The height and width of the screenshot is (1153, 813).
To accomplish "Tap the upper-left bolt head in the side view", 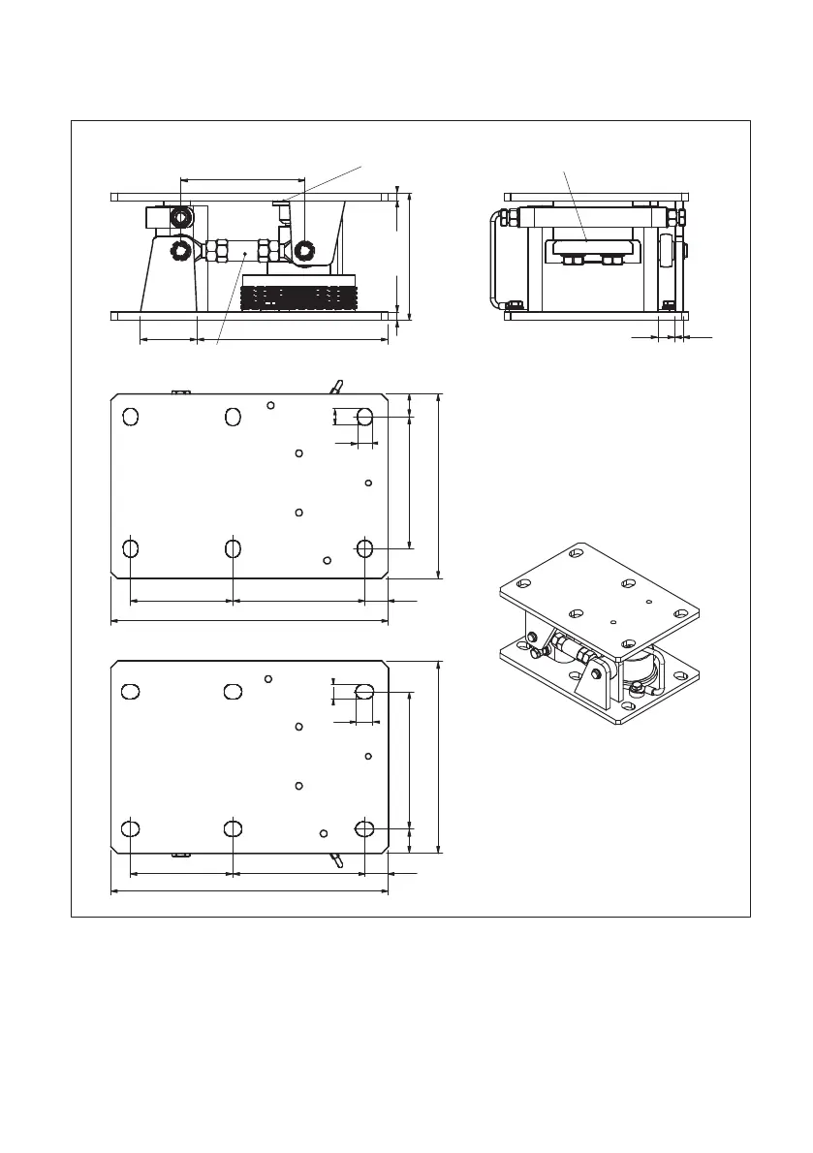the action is [180, 218].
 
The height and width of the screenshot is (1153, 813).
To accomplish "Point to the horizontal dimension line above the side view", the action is [242, 179].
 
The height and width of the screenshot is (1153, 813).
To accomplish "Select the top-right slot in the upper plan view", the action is [364, 417].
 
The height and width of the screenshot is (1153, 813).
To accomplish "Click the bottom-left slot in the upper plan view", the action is [131, 548].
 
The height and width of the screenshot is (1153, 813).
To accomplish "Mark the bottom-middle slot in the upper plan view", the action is [233, 548].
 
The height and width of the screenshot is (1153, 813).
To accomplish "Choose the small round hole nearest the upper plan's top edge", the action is [271, 405].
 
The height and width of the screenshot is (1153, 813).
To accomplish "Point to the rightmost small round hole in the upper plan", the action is [368, 483].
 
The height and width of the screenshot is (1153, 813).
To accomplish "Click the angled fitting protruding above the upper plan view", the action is [335, 387].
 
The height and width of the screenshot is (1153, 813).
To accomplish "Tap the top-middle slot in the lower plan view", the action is [232, 691].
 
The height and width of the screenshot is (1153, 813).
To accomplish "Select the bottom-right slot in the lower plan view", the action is [364, 828].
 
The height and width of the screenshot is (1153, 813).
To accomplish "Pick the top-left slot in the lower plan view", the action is [131, 691].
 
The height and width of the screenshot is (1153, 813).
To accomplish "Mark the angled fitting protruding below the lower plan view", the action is [335, 859].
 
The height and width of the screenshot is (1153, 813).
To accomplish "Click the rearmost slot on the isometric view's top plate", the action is [577, 553].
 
